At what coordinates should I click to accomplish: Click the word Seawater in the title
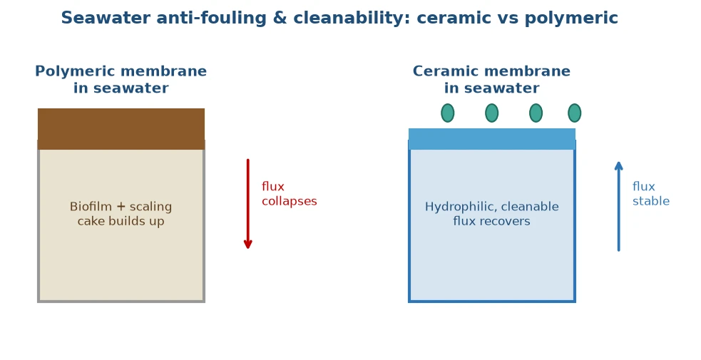tap(106, 19)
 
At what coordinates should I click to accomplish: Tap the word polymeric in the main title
tap(571, 19)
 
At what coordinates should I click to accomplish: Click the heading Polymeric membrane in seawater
tap(121, 80)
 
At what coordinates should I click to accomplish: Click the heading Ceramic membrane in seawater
tap(491, 80)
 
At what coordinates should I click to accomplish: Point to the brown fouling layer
tap(121, 128)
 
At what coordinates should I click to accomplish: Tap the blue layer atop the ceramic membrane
tap(492, 139)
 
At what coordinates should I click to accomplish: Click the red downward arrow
tap(248, 204)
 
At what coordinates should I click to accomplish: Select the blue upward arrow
tap(619, 206)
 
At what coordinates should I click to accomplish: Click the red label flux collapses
tap(290, 194)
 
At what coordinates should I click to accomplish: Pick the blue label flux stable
tap(651, 194)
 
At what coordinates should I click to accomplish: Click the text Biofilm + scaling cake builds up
tap(121, 213)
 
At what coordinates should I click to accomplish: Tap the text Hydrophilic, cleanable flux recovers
tap(492, 213)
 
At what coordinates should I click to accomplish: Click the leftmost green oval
tap(448, 113)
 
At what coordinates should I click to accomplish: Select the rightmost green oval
tap(575, 113)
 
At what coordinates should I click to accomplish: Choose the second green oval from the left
tap(492, 113)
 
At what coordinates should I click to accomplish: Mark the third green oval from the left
tap(536, 113)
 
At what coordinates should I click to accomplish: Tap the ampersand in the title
tap(280, 19)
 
